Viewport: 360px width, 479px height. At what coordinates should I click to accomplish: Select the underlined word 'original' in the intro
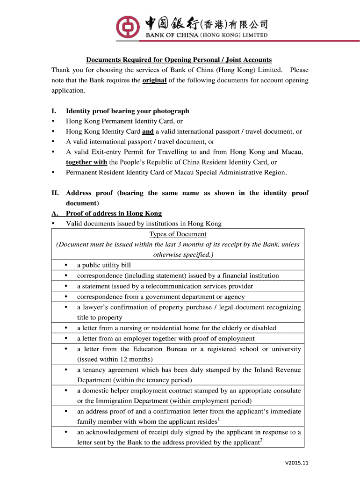pos(154,80)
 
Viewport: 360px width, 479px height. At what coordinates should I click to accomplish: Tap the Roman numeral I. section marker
pos(54,111)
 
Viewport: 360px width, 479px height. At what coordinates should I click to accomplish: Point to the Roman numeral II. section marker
pos(55,193)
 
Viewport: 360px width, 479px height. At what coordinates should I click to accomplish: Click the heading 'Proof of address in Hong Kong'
pos(114,213)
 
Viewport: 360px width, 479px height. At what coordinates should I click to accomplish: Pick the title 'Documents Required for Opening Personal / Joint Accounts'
pos(179,60)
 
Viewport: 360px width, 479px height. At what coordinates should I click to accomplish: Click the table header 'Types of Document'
pos(178,234)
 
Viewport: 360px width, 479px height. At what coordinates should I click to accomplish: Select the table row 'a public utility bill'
pos(104,265)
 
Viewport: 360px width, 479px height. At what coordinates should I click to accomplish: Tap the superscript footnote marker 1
pos(219,420)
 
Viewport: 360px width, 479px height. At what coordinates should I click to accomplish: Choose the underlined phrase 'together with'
pos(86,162)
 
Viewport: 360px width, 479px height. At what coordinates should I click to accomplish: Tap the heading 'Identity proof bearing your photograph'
pos(128,111)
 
